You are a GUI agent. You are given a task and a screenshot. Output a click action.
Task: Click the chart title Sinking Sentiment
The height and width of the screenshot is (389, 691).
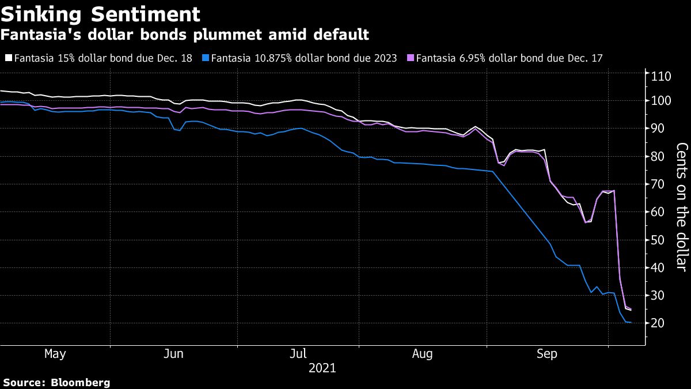click(101, 14)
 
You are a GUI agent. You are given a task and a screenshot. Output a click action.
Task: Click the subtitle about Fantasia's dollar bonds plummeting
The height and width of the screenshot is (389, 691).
click(184, 35)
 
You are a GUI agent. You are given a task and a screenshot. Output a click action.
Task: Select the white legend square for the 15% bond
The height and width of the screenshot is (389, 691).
click(9, 58)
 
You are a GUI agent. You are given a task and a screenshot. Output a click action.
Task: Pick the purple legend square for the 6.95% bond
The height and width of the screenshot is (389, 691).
click(411, 58)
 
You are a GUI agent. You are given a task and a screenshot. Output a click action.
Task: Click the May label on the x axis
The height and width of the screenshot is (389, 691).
click(55, 354)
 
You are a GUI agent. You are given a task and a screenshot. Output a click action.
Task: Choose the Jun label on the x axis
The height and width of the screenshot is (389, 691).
click(173, 354)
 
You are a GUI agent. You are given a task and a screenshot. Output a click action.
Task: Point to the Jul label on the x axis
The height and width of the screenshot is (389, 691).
click(298, 354)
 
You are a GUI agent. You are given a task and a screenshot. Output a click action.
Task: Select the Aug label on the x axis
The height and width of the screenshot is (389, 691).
click(423, 354)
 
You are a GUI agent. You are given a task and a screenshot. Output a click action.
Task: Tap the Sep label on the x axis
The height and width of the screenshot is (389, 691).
click(546, 354)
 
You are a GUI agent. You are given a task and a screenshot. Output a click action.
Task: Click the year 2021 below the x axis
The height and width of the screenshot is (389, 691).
click(322, 368)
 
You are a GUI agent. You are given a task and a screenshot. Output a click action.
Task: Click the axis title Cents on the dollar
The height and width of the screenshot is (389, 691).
click(681, 206)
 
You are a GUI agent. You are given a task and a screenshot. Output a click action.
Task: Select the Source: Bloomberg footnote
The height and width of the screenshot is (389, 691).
click(56, 382)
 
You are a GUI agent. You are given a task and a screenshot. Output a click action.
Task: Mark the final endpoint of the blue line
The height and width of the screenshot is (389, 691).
click(631, 322)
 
